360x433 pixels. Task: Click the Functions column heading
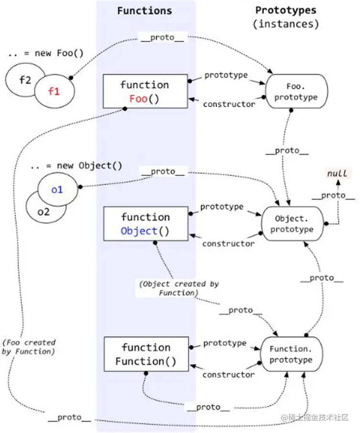tap(144, 11)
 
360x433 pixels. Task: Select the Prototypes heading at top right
tap(286, 10)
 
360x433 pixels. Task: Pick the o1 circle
tap(57, 190)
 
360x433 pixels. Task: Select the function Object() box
tap(145, 224)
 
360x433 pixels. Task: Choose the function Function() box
tap(146, 354)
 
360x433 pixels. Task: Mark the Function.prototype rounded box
tap(291, 355)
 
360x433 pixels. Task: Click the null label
tap(337, 173)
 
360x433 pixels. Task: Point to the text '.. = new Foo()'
tap(46, 53)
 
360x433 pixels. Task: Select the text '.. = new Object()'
tap(76, 166)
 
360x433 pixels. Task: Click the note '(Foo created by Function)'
tap(29, 347)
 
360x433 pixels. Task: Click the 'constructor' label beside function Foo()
tap(229, 104)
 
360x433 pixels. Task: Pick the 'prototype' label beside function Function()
tap(225, 343)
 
